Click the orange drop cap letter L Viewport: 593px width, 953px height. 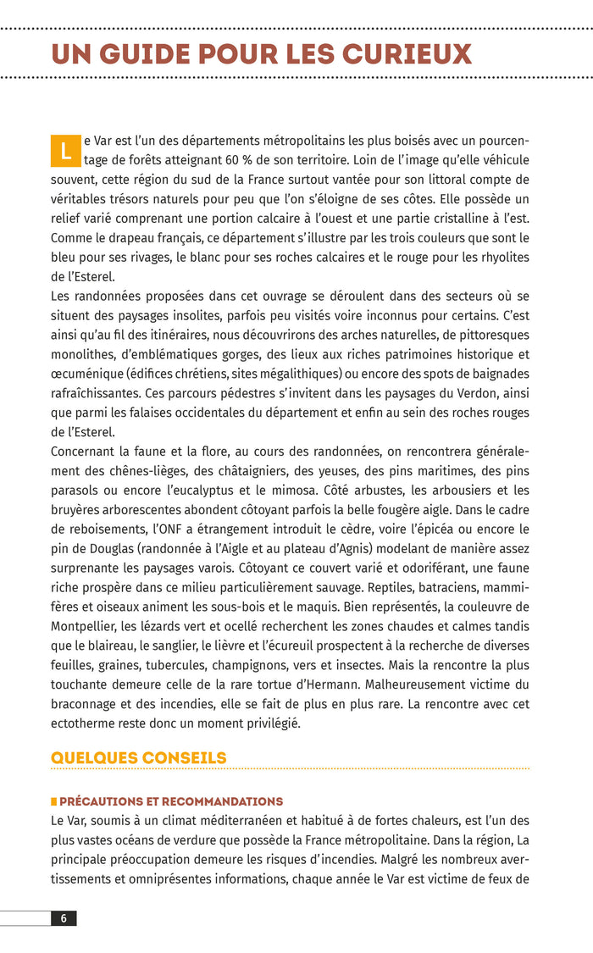[x=64, y=152]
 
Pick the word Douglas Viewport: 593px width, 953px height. [x=105, y=548]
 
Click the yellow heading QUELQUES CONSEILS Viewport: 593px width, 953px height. [x=139, y=757]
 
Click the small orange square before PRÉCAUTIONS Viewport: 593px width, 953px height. [x=54, y=801]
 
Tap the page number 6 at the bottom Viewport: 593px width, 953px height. [x=64, y=918]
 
